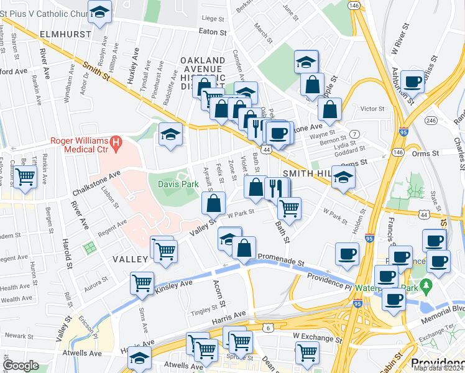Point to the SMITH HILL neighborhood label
click(x=305, y=173)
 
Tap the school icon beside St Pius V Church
click(x=99, y=11)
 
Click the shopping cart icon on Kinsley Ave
click(x=142, y=283)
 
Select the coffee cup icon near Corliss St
click(x=412, y=81)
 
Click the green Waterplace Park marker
click(x=426, y=287)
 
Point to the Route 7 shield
click(x=354, y=134)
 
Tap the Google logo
click(x=21, y=366)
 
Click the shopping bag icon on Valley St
click(x=213, y=202)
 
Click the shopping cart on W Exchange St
click(x=307, y=352)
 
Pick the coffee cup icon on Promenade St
click(x=347, y=252)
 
